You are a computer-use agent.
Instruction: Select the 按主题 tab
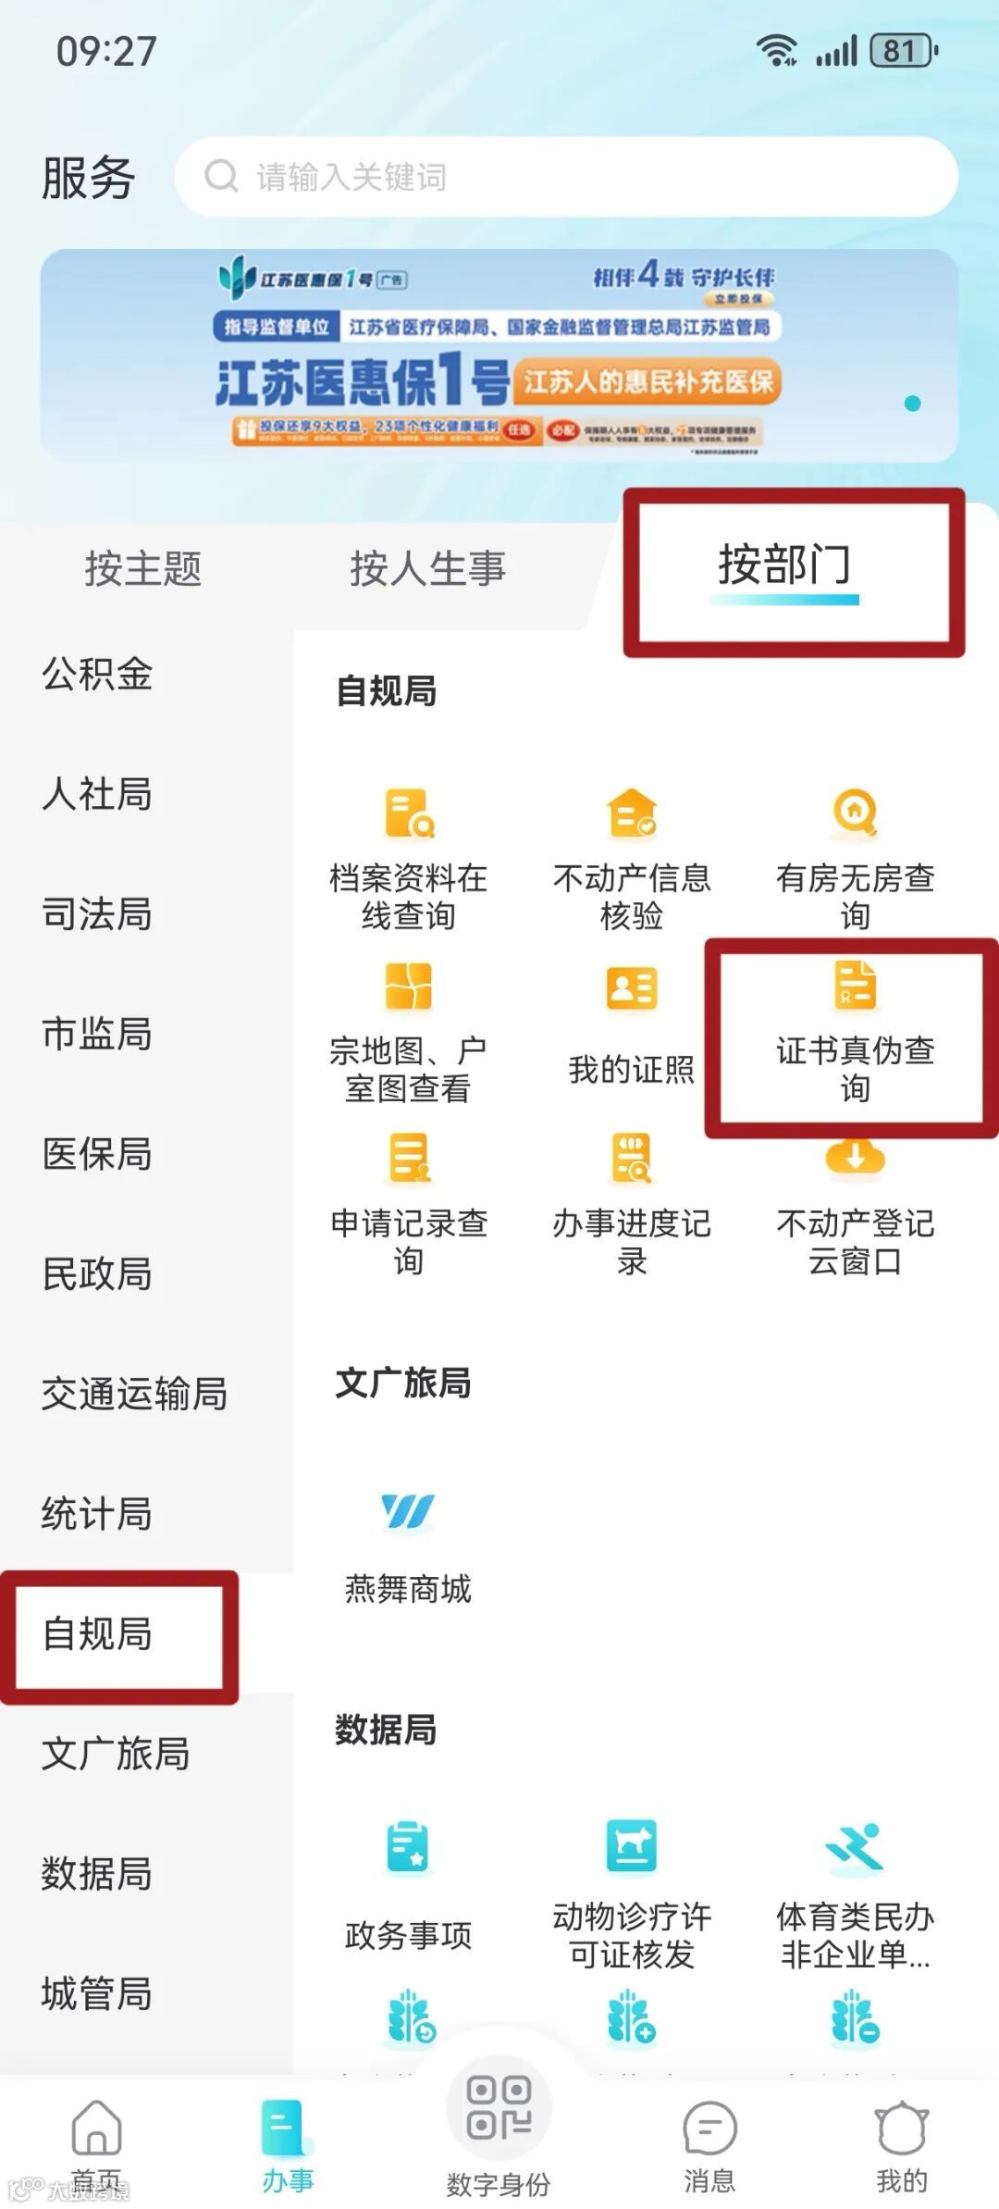pyautogui.click(x=143, y=568)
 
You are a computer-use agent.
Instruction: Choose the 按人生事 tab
pyautogui.click(x=427, y=568)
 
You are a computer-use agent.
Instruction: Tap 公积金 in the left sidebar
pyautogui.click(x=97, y=674)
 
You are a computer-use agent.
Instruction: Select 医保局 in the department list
pyautogui.click(x=97, y=1154)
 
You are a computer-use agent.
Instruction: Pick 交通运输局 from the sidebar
pyautogui.click(x=134, y=1394)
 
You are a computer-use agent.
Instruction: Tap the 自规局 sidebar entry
pyautogui.click(x=97, y=1634)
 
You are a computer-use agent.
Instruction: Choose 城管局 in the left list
pyautogui.click(x=97, y=1993)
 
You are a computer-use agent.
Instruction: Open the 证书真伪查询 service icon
pyautogui.click(x=855, y=985)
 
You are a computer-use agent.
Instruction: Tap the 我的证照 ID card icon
pyautogui.click(x=632, y=988)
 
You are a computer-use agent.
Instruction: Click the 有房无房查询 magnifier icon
pyautogui.click(x=855, y=813)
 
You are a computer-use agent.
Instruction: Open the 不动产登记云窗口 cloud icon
pyautogui.click(x=855, y=1157)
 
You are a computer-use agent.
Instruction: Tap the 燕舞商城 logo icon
pyautogui.click(x=408, y=1512)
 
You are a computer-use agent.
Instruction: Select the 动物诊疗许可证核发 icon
pyautogui.click(x=632, y=1845)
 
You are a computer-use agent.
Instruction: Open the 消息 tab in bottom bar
pyautogui.click(x=709, y=2128)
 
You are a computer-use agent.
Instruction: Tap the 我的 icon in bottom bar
pyautogui.click(x=902, y=2128)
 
